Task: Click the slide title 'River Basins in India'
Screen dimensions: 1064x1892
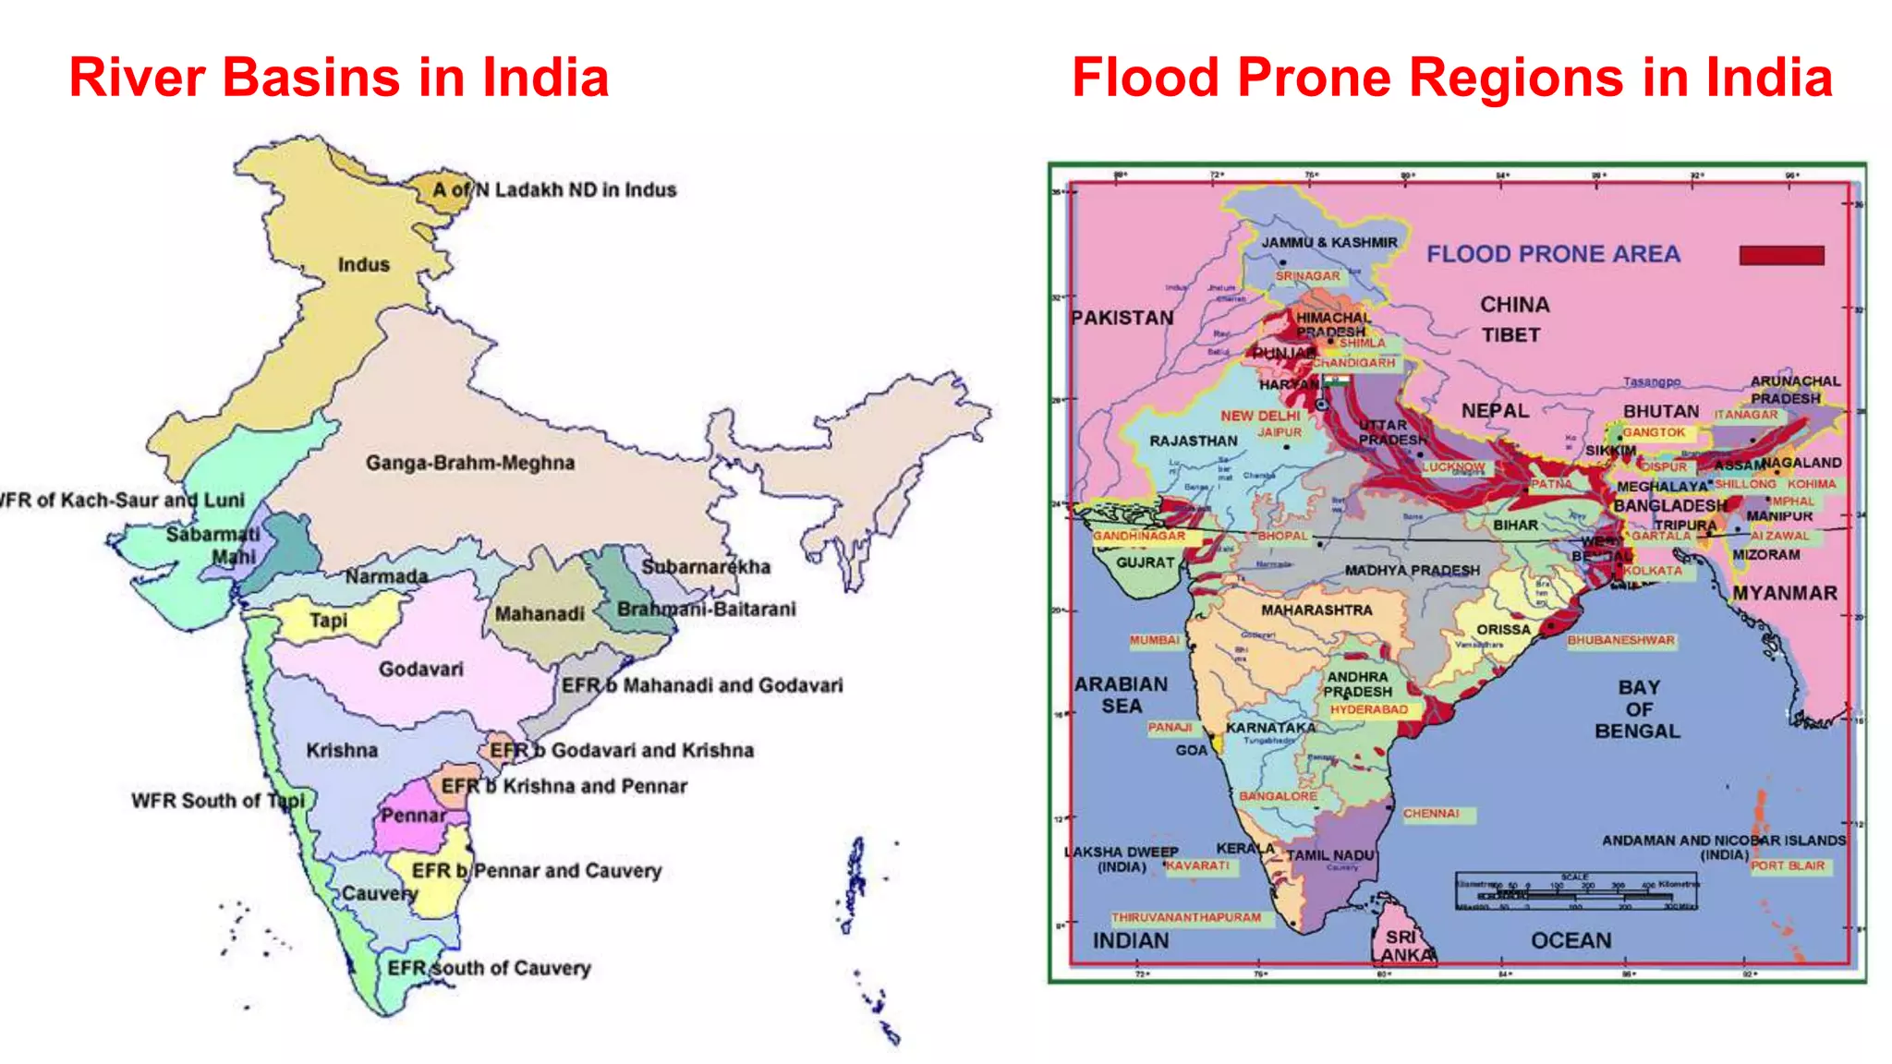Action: coord(339,78)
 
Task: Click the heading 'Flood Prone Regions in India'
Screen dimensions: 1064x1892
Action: coord(1451,78)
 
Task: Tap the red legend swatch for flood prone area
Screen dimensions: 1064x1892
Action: coord(1781,255)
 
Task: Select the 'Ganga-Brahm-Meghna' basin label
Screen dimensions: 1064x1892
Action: coord(469,463)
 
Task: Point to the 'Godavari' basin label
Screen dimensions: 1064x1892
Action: coord(420,669)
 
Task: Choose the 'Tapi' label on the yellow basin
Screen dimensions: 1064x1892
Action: coord(328,621)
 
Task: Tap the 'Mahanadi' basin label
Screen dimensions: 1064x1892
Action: coord(540,614)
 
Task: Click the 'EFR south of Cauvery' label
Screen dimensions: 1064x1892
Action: coord(489,968)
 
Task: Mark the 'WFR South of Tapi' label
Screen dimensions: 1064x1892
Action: coord(217,801)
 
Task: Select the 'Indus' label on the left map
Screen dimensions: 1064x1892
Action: coord(363,265)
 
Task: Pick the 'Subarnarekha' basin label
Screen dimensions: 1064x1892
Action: coord(706,567)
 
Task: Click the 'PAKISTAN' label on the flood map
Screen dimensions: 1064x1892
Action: coord(1122,318)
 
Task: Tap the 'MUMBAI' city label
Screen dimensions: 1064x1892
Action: coord(1154,640)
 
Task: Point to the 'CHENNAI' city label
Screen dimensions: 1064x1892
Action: coord(1431,814)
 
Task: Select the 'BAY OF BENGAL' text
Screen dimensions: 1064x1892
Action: coord(1637,709)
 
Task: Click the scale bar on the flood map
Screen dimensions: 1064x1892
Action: coord(1575,890)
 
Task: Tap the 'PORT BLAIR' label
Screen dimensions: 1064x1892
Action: coord(1788,866)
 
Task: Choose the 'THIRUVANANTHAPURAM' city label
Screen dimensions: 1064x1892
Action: coord(1185,918)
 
